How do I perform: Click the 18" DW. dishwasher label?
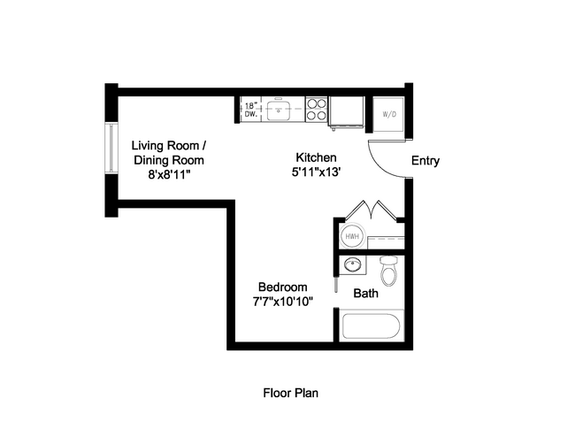[x=251, y=110]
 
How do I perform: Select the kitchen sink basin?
[x=282, y=110]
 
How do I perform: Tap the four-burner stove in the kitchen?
[x=317, y=109]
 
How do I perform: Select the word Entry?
[x=425, y=161]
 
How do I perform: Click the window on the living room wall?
[x=111, y=148]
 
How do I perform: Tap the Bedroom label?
[x=282, y=287]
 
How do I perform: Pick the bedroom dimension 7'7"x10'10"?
[x=282, y=302]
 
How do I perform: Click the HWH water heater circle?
[x=350, y=236]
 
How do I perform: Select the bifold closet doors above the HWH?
[x=370, y=210]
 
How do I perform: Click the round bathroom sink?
[x=353, y=265]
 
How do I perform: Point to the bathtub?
[x=372, y=328]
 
